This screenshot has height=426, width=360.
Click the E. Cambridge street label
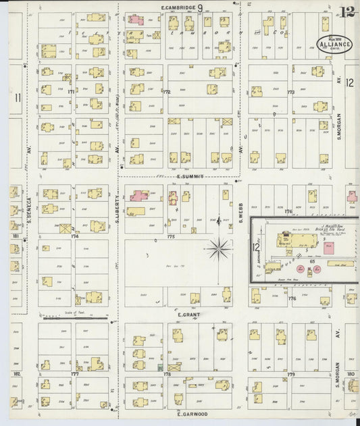[178, 7]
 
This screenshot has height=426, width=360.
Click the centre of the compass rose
[219, 250]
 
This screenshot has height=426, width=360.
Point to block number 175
[171, 237]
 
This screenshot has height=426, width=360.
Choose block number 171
[70, 90]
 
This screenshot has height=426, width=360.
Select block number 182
[16, 373]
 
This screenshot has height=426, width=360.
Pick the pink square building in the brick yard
[331, 248]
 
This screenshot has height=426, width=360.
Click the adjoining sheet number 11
[18, 98]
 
